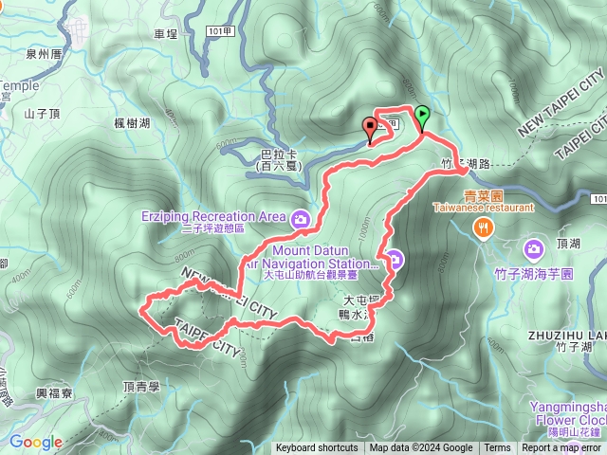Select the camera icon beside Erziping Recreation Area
point(301,219)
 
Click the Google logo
point(35,442)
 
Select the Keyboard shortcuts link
point(317,448)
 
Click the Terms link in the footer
point(497,448)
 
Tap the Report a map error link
point(561,448)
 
